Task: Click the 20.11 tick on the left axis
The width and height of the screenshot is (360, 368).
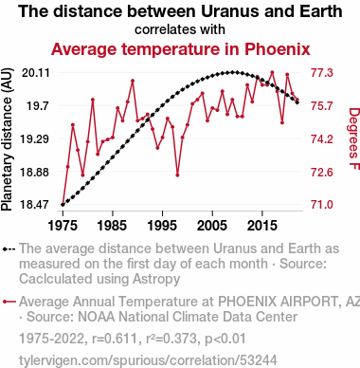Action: [36, 73]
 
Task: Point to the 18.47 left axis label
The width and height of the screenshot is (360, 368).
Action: [35, 205]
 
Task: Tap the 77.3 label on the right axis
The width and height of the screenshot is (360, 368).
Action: [322, 73]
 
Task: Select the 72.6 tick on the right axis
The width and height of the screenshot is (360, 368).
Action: [322, 173]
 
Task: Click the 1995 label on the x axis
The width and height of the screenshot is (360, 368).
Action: [162, 226]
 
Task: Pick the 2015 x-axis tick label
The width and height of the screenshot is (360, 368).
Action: [262, 226]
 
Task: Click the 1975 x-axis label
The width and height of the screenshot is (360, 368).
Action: [63, 226]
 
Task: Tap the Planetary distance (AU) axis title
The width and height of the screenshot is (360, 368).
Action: [7, 139]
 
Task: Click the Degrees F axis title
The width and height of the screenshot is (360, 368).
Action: [354, 138]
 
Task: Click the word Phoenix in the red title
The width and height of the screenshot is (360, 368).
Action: [278, 49]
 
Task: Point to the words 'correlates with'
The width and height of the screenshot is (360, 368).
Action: [180, 29]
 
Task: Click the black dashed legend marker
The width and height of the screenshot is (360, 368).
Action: [9, 249]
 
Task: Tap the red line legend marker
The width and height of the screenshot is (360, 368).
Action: [9, 302]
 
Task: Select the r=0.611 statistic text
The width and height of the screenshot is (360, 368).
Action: [115, 339]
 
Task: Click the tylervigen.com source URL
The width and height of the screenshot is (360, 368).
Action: [148, 360]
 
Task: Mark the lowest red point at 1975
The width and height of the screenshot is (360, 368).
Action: [63, 205]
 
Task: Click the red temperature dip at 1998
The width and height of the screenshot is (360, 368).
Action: [177, 175]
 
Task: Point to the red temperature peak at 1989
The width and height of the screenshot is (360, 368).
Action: [133, 81]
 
